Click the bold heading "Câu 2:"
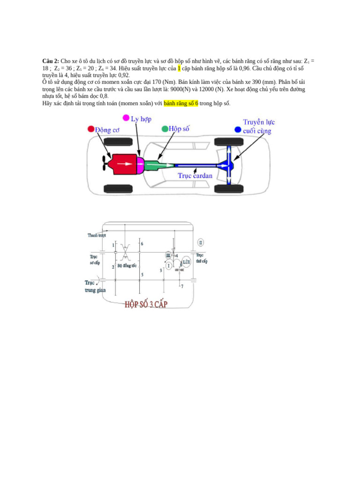[x=51, y=61]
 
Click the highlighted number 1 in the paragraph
[x=179, y=68]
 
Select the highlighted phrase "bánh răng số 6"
[x=181, y=103]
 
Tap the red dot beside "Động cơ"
[x=90, y=128]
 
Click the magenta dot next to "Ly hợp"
[x=126, y=117]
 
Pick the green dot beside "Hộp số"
[x=165, y=128]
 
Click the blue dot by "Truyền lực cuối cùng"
[x=238, y=129]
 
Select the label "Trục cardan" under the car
[x=195, y=176]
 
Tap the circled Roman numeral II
[x=201, y=242]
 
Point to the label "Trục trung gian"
[x=95, y=286]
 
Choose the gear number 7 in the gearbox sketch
[x=182, y=286]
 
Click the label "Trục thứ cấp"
[x=202, y=258]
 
